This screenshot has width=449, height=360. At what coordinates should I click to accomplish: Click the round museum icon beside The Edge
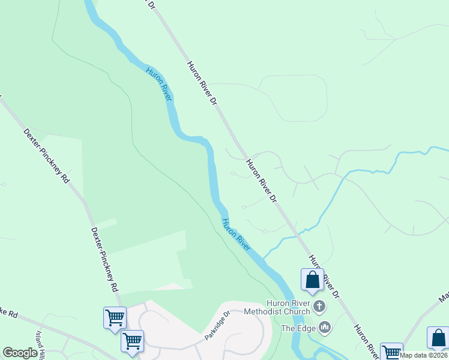tap(325, 328)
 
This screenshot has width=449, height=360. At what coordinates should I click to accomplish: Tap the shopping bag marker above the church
tap(312, 280)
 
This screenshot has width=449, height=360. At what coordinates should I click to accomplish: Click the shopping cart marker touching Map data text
tap(391, 352)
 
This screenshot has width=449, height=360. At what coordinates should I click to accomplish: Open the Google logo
tap(20, 353)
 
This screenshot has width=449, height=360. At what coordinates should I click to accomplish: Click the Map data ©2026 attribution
tap(423, 355)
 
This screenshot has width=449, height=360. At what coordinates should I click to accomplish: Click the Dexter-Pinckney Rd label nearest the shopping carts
tap(104, 259)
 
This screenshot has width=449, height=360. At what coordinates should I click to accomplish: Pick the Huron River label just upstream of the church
tap(235, 234)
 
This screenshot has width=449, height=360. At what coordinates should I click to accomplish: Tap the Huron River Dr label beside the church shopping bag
tap(324, 277)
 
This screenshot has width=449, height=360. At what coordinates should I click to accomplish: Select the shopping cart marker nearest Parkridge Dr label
tap(132, 341)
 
